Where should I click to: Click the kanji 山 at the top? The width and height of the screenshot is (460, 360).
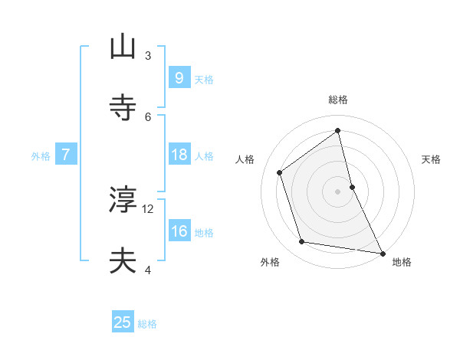pos(123,47)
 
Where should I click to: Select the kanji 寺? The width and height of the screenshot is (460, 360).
pos(123,106)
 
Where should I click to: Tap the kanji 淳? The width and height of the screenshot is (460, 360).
pos(123,200)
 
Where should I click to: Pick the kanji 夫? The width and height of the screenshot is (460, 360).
pos(123,260)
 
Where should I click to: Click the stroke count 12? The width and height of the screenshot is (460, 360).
pos(148,208)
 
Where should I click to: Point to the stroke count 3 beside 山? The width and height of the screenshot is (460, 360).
pos(148,55)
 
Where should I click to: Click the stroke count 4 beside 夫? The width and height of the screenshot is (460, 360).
pos(148,269)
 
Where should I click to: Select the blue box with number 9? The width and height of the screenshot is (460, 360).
pos(179,77)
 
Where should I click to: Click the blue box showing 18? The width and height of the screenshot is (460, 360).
pos(179,155)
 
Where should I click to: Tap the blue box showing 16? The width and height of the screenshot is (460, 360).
pos(179,231)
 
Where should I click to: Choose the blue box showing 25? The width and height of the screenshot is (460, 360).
pos(123,322)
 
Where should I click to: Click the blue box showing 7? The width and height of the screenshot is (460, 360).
pos(66,155)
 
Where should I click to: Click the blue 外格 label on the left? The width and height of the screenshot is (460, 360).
pos(41,155)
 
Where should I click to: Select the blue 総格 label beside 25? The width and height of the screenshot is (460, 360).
pos(147,324)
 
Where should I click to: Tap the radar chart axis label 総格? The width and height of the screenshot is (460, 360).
pos(338,100)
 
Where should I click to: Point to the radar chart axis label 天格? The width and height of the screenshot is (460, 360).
pos(431,159)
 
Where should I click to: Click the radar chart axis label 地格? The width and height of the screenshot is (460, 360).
pos(402,263)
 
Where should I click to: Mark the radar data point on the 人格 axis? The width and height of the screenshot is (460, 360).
pos(280,172)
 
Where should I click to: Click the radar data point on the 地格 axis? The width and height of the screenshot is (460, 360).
pos(382,252)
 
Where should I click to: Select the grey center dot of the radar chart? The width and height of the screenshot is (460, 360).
pos(338,191)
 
